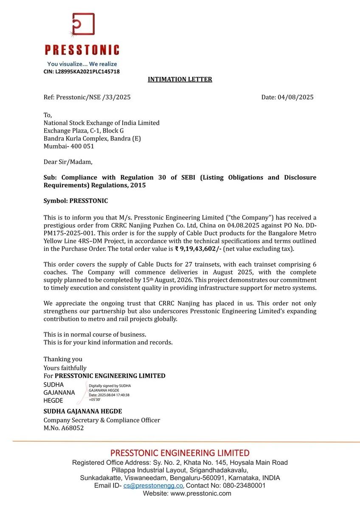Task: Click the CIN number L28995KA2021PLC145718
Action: tap(82, 72)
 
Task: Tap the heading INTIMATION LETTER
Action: tap(180, 79)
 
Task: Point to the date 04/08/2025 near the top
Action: tap(295, 97)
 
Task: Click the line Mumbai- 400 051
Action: tap(69, 146)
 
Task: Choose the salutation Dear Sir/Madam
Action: tap(68, 162)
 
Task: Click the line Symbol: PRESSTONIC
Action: tap(76, 201)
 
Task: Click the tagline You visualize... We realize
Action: tap(82, 64)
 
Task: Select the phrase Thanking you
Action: tap(63, 359)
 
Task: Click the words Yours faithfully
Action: tap(65, 368)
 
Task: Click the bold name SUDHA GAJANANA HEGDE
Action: tap(83, 411)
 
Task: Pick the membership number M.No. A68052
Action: tap(64, 428)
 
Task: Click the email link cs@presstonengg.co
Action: tap(153, 485)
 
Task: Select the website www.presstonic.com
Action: tap(201, 493)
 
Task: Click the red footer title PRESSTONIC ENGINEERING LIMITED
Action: tap(180, 453)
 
